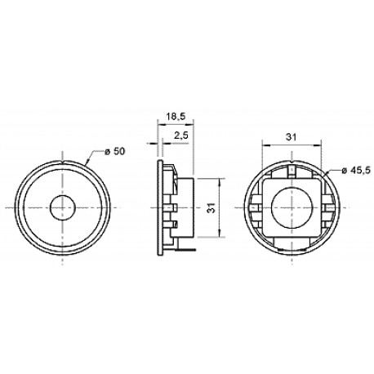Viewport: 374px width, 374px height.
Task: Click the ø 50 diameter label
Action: point(114,151)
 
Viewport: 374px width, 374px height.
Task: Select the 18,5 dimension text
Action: point(176,117)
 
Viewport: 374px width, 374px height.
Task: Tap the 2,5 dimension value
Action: point(181,136)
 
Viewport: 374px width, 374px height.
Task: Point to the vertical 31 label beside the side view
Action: point(213,207)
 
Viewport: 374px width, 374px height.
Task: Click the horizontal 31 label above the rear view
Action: point(291,137)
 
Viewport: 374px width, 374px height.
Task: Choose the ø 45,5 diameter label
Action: point(357,171)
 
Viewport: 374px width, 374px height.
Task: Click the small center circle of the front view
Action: point(63,207)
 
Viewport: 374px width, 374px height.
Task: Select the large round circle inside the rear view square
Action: point(292,207)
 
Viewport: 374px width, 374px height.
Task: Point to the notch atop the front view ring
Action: point(63,163)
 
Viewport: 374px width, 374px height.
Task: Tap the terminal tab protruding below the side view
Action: point(185,249)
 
